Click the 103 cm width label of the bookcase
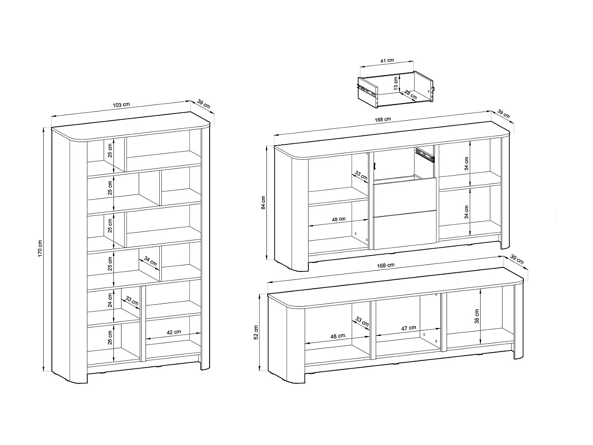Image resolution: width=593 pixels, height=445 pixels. [x=121, y=105]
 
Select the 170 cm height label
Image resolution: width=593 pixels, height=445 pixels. [x=40, y=248]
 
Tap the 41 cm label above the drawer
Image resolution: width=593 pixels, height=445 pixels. [x=387, y=61]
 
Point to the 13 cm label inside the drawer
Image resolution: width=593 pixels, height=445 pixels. [x=396, y=83]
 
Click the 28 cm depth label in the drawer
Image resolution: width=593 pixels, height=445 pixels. [x=410, y=94]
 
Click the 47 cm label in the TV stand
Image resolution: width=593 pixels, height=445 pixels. [x=408, y=328]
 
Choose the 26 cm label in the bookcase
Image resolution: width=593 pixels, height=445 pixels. [x=110, y=337]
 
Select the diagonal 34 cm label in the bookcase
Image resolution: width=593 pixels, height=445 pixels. [x=150, y=261]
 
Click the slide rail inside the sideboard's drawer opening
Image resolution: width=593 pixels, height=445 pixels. [x=425, y=154]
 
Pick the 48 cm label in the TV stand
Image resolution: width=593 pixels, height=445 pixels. [x=338, y=336]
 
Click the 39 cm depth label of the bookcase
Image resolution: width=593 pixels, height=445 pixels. [x=203, y=104]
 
